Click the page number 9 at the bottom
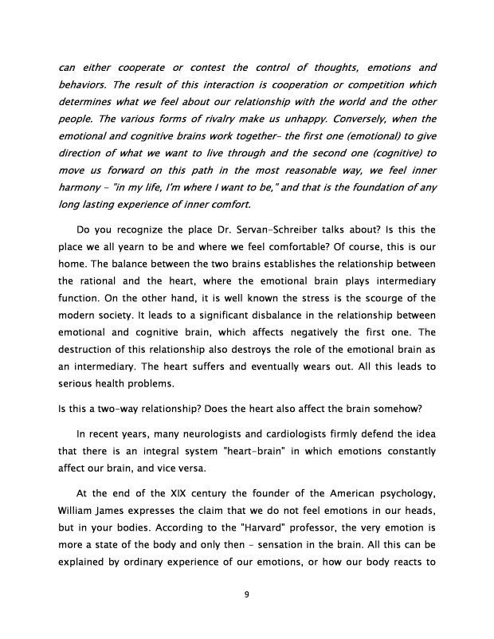[x=247, y=592]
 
